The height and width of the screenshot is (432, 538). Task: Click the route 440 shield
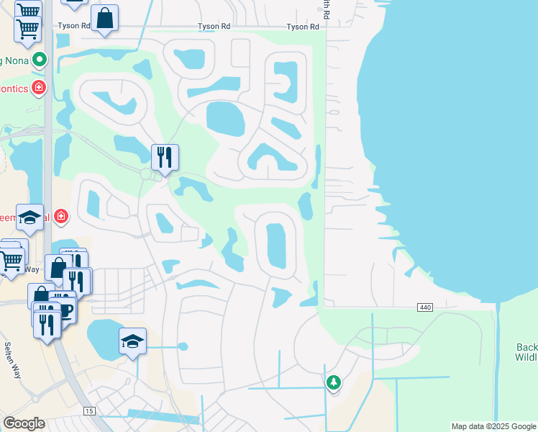[424, 307]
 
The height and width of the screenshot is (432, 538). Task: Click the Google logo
[24, 423]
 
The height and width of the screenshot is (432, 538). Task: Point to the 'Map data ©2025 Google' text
[494, 426]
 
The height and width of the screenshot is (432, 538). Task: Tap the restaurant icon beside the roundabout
[165, 156]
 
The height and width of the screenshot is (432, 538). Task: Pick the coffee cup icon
[65, 310]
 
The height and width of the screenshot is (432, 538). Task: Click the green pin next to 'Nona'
[40, 60]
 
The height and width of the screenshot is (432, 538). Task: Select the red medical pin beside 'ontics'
[39, 88]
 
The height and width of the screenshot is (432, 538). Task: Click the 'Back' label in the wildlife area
[526, 348]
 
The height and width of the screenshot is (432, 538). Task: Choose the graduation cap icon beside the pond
[132, 341]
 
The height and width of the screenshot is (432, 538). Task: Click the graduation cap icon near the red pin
[29, 218]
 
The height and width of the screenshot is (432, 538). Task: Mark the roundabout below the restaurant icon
[146, 174]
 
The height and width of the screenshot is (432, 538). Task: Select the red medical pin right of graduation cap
[62, 215]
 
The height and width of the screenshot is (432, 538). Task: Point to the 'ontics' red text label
[14, 89]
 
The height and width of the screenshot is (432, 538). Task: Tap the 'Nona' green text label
[15, 60]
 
